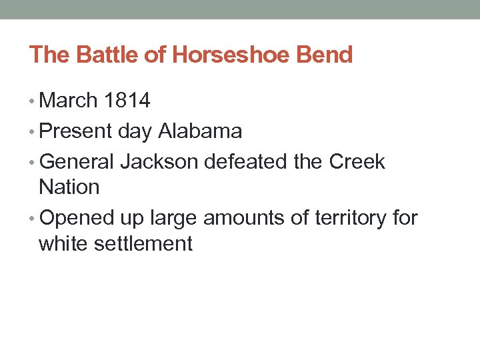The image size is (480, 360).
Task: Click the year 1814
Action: [127, 101]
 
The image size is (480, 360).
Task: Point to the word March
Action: [68, 101]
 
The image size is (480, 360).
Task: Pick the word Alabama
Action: [200, 131]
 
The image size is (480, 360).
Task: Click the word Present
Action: [76, 131]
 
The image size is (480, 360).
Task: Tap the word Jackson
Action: [159, 162]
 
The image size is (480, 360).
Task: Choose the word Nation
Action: [69, 187]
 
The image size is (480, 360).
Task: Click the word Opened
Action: [80, 218]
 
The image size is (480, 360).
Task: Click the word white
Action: [63, 243]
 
